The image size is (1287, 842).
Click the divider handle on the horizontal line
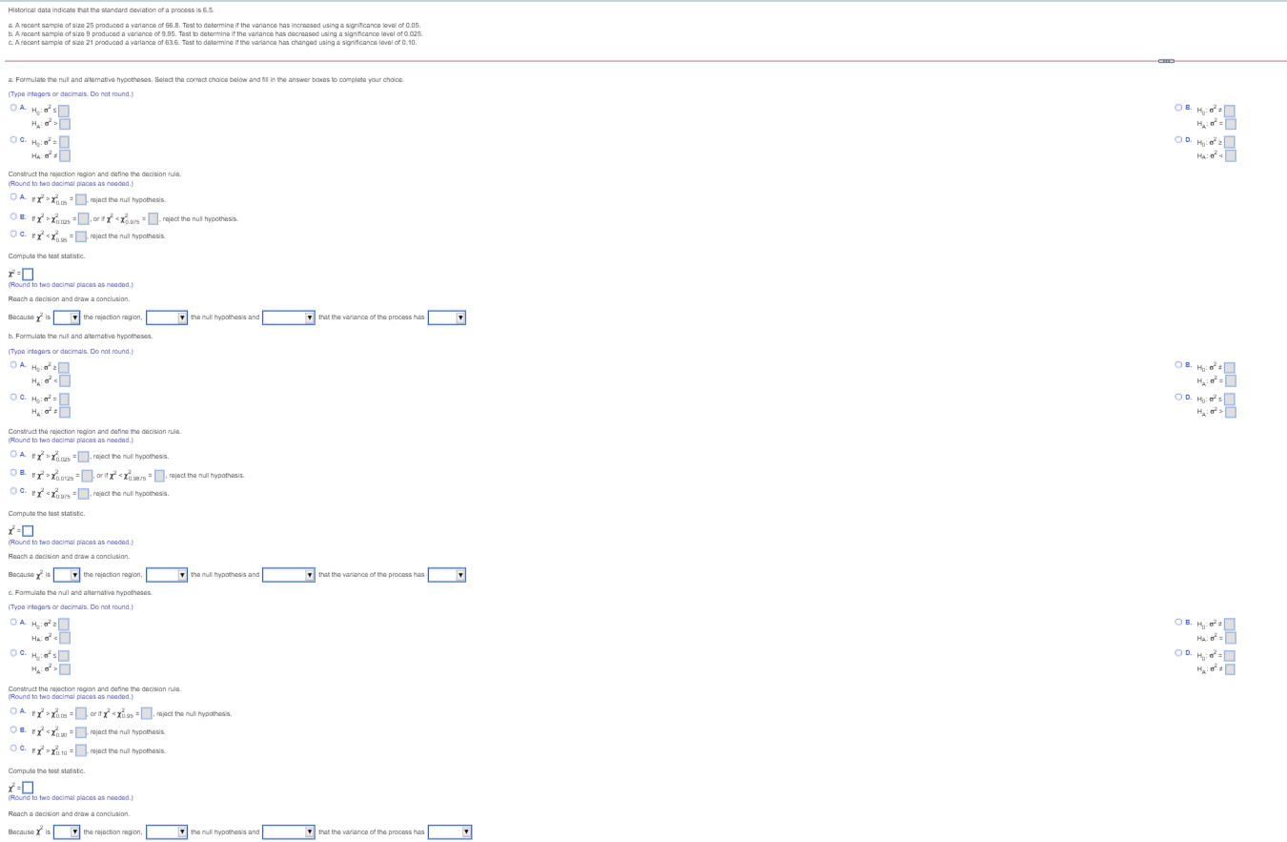click(1165, 62)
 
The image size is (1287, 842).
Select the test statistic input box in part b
click(28, 531)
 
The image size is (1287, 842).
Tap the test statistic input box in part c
click(28, 788)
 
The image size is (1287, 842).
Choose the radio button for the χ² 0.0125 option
click(13, 473)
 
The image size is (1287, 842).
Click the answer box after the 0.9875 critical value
click(160, 476)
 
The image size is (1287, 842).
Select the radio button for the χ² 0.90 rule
click(13, 730)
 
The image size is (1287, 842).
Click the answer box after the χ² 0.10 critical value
click(82, 751)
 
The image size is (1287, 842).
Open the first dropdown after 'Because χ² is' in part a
click(67, 318)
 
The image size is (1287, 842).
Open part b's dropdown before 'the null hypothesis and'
click(167, 575)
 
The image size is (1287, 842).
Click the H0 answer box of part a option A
click(65, 111)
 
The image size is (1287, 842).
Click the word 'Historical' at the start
click(22, 9)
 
